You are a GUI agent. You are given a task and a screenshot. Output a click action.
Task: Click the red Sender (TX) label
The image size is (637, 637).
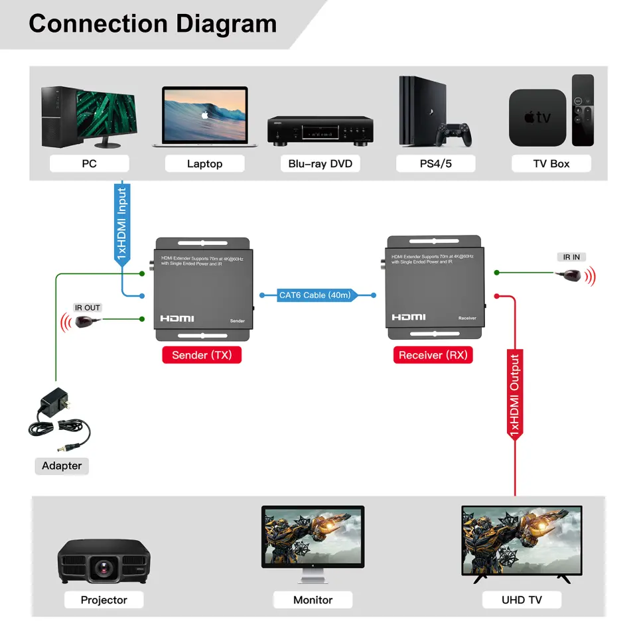coord(202,355)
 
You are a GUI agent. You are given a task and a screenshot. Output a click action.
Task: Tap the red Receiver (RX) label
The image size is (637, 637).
coord(433,355)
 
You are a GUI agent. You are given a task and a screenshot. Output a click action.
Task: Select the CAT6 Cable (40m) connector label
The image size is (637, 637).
coord(315,295)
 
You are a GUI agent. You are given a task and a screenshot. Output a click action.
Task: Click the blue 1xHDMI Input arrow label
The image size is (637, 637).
coord(121,224)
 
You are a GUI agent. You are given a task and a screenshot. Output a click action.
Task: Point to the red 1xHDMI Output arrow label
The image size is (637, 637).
coord(515,394)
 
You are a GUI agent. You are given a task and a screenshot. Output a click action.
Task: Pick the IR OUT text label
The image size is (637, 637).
coord(88,308)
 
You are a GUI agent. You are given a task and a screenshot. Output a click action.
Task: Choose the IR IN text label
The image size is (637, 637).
coord(571,257)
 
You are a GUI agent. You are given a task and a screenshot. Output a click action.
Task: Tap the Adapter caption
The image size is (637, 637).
coord(62,466)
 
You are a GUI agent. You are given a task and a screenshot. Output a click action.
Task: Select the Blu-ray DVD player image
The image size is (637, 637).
coord(320,130)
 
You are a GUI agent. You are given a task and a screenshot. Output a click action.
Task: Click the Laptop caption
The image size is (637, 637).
coord(204,164)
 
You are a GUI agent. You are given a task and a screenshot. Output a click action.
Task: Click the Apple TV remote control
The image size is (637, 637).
coord(583,110)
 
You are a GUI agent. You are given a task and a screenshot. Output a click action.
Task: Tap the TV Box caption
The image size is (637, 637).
coord(551,164)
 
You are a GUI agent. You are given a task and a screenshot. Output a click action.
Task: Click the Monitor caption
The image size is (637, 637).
coord(313,600)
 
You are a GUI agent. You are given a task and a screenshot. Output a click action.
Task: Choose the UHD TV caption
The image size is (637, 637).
coord(522,600)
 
